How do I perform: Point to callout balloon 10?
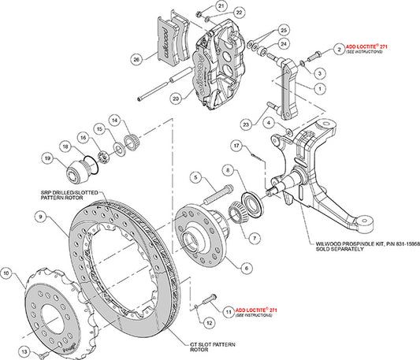[x=7, y=273]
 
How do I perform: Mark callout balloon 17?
[x=236, y=145]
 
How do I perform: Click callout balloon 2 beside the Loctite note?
[x=338, y=50]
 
